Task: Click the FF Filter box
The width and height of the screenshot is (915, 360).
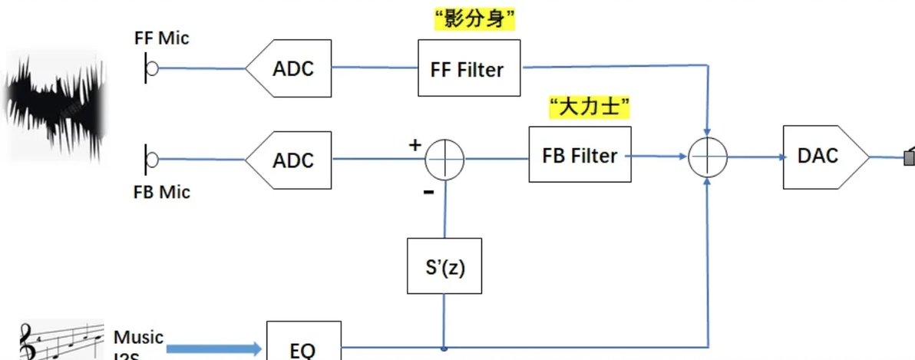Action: pos(468,69)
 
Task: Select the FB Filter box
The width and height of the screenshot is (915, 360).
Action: pos(580,155)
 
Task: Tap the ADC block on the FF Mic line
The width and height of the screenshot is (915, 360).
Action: pos(289,68)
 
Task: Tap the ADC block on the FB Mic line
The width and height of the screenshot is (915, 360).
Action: pos(289,160)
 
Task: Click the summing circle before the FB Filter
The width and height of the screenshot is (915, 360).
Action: pos(445,160)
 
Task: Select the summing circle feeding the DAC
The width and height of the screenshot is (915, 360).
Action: pos(707,157)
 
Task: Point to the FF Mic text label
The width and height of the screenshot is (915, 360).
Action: pos(161,38)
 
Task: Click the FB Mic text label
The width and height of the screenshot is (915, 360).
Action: pos(161,192)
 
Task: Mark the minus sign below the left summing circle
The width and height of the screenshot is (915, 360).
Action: pos(428,192)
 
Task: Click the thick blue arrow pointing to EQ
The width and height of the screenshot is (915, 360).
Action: pos(214,349)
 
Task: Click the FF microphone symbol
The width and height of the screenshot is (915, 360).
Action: pos(150,68)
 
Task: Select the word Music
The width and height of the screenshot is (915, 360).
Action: pos(138,337)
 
